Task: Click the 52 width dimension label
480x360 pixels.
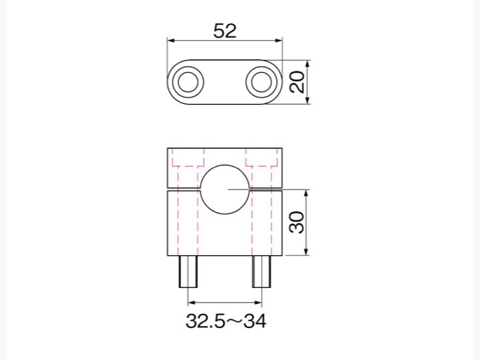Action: [225, 31]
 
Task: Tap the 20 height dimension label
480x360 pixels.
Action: [297, 82]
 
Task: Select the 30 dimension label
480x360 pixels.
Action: [297, 222]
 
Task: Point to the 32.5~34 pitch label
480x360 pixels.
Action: [226, 321]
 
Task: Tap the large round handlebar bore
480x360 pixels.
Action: [225, 189]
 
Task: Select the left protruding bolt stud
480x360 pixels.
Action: [188, 271]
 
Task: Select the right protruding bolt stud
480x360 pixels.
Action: [261, 271]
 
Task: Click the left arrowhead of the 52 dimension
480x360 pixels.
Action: [171, 41]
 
